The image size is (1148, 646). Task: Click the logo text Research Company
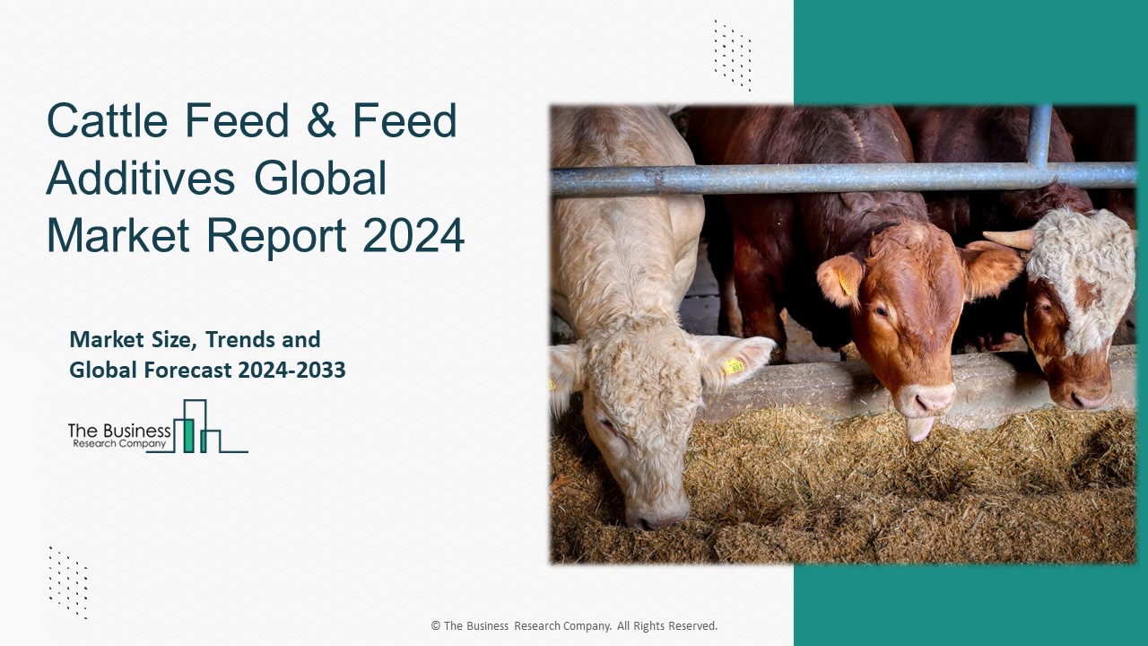point(118,443)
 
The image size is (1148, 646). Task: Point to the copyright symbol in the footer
point(435,626)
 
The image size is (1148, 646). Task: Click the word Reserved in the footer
point(691,626)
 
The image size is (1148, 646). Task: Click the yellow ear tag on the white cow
point(735,365)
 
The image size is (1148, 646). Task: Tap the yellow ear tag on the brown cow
point(844,284)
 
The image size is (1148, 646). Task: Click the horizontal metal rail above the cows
point(807,178)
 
